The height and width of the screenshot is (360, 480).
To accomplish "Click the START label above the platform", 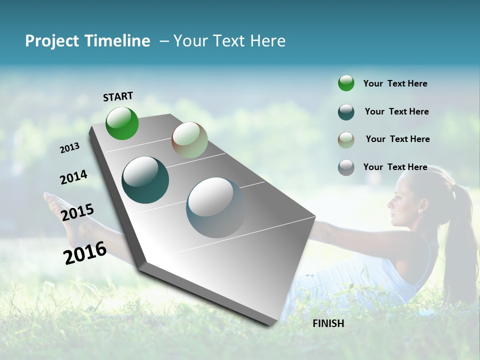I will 118,96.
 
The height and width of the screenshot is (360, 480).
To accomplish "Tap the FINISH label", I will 328,323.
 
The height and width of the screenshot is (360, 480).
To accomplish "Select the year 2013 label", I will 70,147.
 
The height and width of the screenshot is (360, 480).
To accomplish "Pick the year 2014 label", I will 73,177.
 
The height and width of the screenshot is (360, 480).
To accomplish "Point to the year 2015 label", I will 77,212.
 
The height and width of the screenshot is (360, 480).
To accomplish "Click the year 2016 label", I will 85,252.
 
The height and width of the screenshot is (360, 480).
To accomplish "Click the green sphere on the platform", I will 122,123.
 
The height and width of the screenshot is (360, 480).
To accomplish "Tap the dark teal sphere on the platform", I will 145,180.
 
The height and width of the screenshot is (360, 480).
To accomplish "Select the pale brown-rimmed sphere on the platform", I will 189,140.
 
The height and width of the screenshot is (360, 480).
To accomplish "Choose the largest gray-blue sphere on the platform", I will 216,207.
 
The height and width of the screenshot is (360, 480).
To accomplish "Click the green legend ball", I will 346,83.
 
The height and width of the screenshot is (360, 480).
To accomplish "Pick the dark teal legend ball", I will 346,112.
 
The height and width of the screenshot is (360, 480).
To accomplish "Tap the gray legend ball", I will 346,167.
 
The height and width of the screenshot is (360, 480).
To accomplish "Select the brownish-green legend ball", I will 346,140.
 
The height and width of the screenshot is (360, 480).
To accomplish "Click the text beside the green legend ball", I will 395,83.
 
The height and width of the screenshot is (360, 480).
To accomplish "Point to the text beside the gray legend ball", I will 395,167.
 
